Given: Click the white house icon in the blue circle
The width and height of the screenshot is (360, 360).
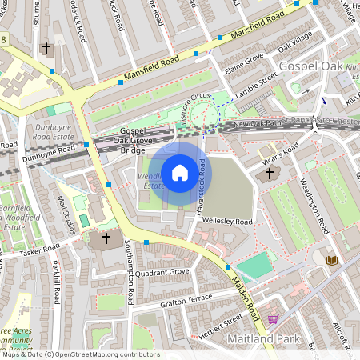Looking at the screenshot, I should [x=180, y=172].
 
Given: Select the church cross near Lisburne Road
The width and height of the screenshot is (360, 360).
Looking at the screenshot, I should [x=46, y=48].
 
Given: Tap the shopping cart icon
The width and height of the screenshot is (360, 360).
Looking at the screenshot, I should [x=273, y=319].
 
